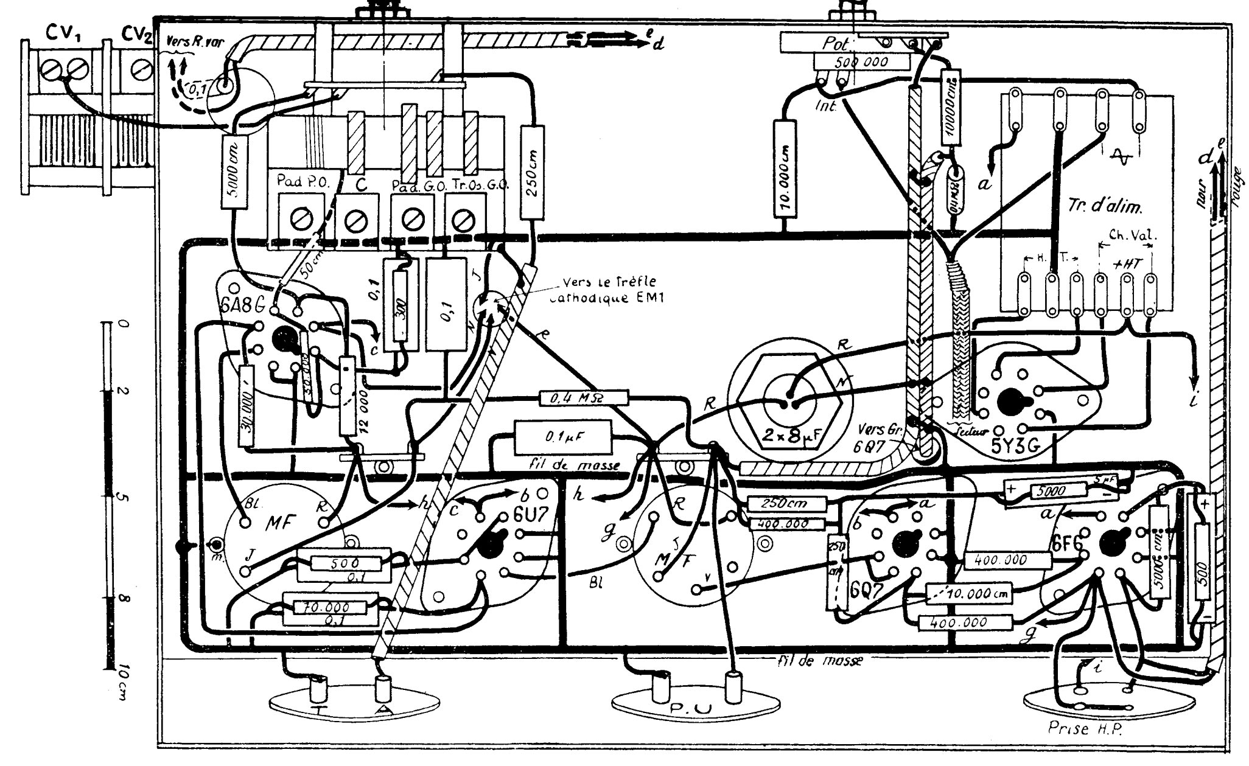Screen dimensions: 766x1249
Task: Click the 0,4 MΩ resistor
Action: pos(583,399)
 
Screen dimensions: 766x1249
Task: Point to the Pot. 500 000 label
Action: pos(861,61)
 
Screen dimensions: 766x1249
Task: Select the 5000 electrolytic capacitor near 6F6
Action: pos(1058,490)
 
